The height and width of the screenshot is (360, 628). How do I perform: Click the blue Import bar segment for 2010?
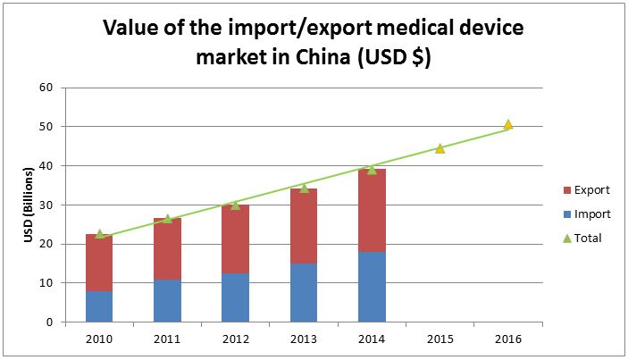pos(99,306)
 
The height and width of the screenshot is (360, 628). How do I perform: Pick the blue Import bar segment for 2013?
pos(304,292)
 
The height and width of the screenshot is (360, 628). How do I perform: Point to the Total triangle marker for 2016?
pos(507,124)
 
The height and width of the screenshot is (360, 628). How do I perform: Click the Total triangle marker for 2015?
pos(440,148)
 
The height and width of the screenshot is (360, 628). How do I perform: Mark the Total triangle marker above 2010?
pos(99,234)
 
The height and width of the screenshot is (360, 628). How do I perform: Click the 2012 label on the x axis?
pos(236,339)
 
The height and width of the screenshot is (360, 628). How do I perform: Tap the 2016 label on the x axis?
pos(507,339)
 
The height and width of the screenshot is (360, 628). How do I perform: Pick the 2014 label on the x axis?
pos(372,339)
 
